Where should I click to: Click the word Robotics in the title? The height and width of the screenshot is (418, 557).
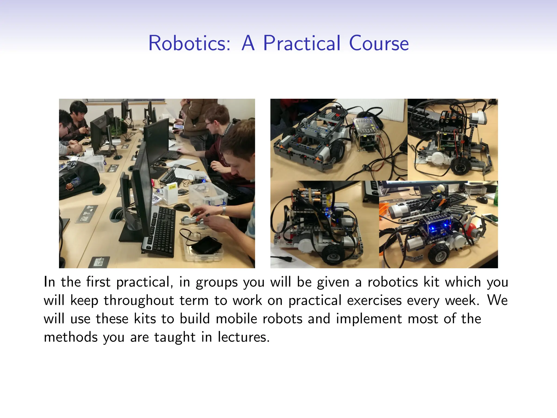(x=189, y=44)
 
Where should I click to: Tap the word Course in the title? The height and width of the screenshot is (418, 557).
(x=379, y=44)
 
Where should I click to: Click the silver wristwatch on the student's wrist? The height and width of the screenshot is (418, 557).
(x=224, y=210)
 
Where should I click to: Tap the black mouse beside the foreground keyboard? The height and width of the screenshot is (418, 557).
(x=181, y=207)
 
